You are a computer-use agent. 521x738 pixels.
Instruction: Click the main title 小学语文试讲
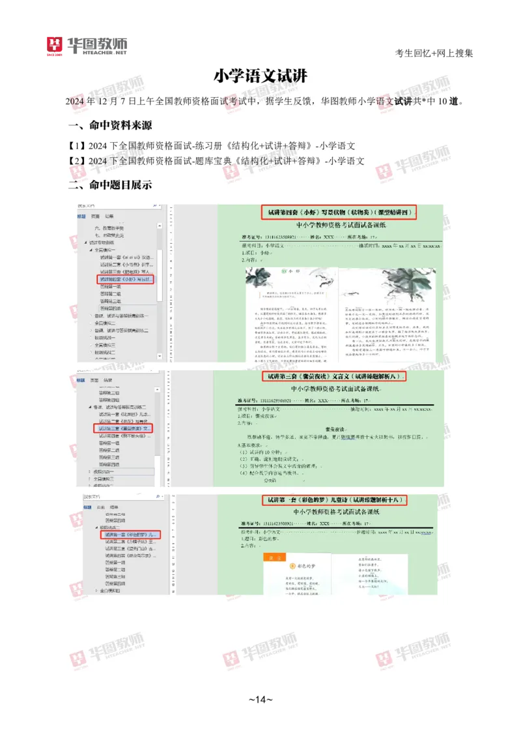(260, 76)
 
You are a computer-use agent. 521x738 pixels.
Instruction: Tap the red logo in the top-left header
(53, 46)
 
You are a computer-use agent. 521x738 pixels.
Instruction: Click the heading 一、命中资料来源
(110, 125)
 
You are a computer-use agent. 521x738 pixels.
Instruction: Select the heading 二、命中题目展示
(110, 184)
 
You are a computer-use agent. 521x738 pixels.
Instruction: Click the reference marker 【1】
(77, 145)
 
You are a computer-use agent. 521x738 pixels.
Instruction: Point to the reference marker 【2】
(77, 161)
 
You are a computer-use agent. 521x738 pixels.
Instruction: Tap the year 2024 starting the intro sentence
(76, 102)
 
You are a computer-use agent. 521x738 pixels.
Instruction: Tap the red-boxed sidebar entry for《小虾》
(126, 279)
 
